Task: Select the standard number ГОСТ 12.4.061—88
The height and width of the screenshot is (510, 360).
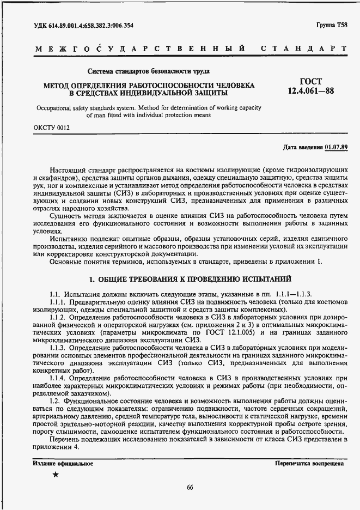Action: [x=311, y=87]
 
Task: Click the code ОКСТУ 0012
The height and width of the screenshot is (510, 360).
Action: [x=52, y=128]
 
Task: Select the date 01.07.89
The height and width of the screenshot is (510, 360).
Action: [x=336, y=147]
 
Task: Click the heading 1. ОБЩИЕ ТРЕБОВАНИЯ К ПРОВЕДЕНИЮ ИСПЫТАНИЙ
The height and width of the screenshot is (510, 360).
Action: [x=191, y=280]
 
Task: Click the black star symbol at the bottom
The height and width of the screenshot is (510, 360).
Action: [x=56, y=475]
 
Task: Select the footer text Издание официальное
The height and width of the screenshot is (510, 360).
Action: [x=63, y=464]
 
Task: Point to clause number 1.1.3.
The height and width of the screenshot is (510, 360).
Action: [x=59, y=348]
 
